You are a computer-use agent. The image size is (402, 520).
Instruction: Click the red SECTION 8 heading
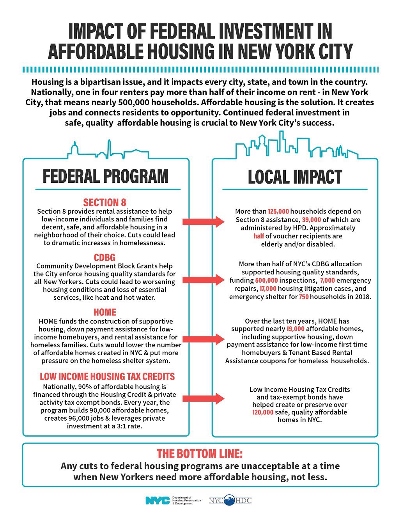[x=104, y=202]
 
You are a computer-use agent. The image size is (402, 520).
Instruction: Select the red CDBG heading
[x=104, y=258]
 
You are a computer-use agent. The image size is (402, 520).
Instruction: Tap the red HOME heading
[x=104, y=312]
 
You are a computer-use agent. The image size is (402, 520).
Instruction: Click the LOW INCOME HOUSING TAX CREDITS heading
[x=107, y=377]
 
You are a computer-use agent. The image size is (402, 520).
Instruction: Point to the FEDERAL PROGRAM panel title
[x=105, y=177]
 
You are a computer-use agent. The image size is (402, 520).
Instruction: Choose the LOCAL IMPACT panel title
[x=295, y=177]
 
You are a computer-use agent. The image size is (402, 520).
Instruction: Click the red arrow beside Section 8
[x=203, y=221]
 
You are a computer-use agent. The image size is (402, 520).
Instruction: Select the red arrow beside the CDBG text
[x=203, y=280]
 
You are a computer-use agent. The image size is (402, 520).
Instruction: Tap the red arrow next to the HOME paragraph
[x=203, y=339]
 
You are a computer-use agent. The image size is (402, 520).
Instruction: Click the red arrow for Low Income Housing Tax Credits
[x=203, y=398]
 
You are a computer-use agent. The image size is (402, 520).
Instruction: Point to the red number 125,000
[x=278, y=211]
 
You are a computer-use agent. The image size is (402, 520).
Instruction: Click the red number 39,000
[x=311, y=220]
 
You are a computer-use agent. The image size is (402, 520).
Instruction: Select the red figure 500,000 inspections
[x=267, y=281]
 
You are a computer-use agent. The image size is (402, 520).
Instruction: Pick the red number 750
[x=304, y=297]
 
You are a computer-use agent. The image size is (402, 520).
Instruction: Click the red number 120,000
[x=263, y=412]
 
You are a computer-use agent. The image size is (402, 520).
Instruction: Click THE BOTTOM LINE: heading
[x=200, y=454]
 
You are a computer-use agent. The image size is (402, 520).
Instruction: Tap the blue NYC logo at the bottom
[x=157, y=501]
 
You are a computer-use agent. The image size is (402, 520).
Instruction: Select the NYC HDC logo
[x=230, y=501]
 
